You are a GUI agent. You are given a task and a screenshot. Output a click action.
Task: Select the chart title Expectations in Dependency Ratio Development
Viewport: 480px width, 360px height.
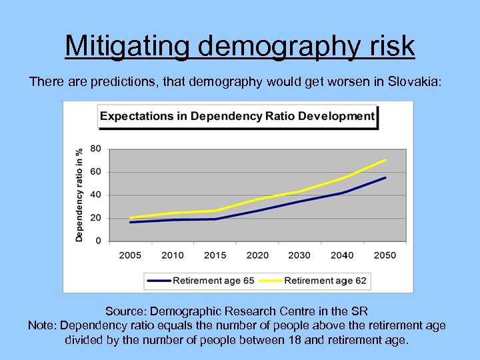click(x=237, y=116)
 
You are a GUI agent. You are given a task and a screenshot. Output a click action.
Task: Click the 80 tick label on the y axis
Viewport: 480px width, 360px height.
click(x=95, y=149)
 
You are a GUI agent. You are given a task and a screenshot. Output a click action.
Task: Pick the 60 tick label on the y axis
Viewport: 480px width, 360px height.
click(x=95, y=172)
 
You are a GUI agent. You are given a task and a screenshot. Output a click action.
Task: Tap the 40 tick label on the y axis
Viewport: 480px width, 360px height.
click(x=95, y=195)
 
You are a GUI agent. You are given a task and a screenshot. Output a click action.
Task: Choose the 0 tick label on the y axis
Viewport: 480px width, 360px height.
click(x=98, y=240)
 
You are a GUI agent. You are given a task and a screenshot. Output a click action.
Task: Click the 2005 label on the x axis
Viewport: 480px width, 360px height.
click(x=130, y=255)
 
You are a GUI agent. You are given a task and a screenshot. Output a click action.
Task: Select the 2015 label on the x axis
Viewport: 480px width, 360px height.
click(x=215, y=255)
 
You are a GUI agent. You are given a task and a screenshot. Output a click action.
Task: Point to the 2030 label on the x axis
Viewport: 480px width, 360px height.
click(x=299, y=255)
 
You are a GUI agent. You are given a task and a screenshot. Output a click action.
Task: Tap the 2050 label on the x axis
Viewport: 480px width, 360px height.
click(x=385, y=255)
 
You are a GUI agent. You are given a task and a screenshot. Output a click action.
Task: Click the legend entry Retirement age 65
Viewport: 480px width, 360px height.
click(x=213, y=281)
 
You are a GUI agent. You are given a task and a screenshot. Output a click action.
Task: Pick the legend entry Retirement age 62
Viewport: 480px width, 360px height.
click(x=325, y=281)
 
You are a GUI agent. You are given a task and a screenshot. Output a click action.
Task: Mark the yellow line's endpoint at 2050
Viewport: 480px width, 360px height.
click(x=385, y=160)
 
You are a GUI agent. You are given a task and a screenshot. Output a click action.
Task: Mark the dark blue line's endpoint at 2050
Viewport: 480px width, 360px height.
click(x=385, y=177)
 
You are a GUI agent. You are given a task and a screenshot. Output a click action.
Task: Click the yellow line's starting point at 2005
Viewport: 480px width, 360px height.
click(x=130, y=217)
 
